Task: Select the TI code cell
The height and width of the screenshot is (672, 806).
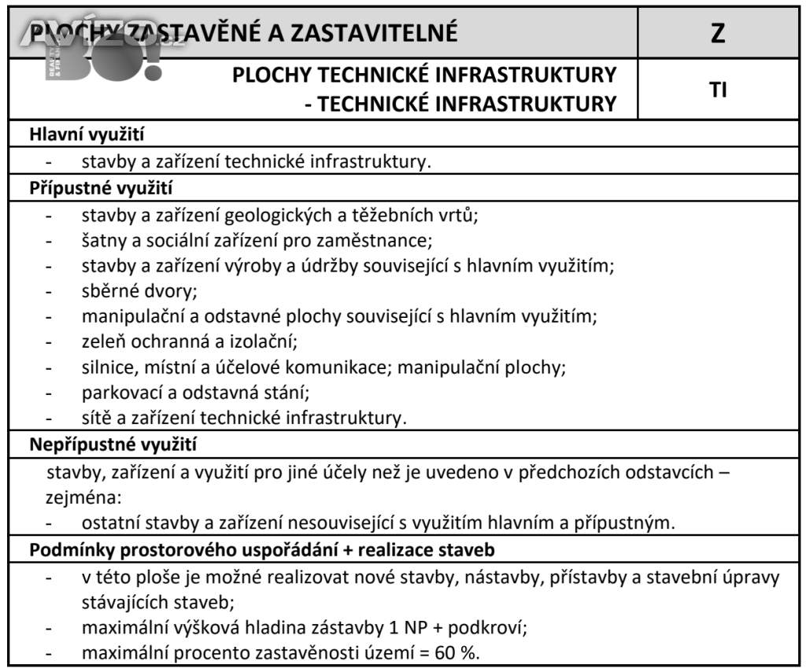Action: [x=717, y=90]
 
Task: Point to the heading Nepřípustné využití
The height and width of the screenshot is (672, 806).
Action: [x=113, y=445]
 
